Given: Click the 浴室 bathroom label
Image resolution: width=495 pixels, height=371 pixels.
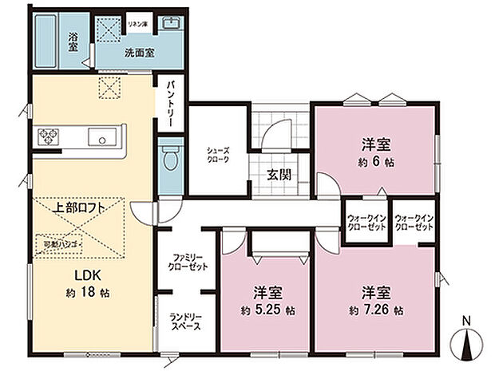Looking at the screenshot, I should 73,41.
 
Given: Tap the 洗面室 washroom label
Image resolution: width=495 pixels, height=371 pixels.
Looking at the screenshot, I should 139,53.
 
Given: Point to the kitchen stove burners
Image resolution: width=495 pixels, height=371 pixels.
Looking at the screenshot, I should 47,136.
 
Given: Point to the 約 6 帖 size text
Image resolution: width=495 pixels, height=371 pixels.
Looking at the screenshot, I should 374,162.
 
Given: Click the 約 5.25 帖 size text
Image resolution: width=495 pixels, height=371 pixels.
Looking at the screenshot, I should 263,309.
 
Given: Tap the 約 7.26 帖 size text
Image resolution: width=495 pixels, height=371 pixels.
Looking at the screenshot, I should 374,309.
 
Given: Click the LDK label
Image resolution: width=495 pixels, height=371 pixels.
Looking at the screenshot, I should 88,277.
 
